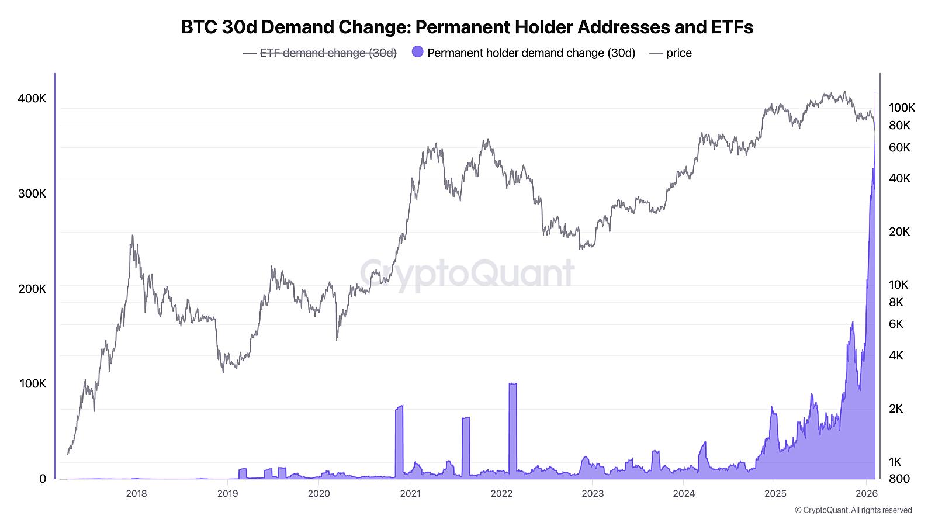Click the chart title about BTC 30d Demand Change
[467, 27]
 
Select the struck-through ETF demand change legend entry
[328, 53]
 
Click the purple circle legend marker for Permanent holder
[417, 52]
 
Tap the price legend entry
[678, 53]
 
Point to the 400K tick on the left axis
[32, 98]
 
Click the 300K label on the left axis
[32, 193]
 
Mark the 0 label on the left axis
[42, 479]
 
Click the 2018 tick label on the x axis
[136, 493]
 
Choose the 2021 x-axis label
[410, 493]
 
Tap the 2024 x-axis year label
[683, 493]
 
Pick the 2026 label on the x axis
[866, 493]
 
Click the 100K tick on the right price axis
[902, 108]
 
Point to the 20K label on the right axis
[899, 231]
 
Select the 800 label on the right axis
[899, 479]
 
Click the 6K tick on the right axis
[896, 324]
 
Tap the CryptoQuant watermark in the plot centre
[467, 273]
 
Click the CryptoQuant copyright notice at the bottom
[853, 510]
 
